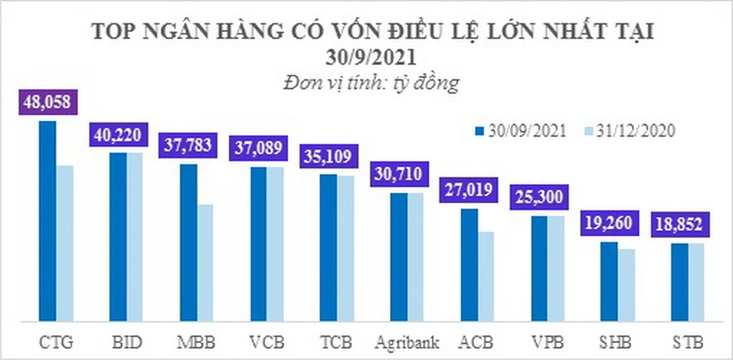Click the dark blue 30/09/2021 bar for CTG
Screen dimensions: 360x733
click(x=47, y=220)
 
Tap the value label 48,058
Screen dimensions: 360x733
click(x=48, y=103)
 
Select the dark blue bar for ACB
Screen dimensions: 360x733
click(x=469, y=264)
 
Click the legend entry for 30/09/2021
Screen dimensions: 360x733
click(x=520, y=131)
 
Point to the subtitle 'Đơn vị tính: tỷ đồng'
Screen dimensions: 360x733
click(x=371, y=82)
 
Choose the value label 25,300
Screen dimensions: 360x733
click(x=539, y=199)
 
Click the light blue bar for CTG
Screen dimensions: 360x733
click(x=65, y=243)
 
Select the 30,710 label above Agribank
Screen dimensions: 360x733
click(x=399, y=175)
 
